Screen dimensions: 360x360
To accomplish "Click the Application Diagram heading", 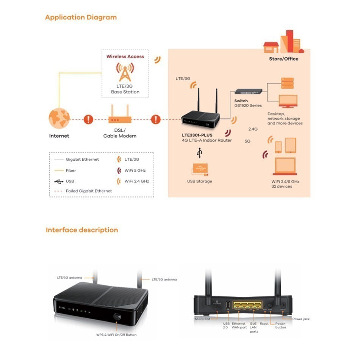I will (81, 17).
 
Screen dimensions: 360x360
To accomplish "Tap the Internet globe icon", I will (59, 119).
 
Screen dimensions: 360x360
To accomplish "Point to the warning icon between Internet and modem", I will (88, 119).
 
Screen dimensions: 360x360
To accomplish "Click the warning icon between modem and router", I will (156, 119).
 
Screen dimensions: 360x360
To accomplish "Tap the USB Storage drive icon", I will (200, 169).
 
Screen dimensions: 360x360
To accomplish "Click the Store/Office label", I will (283, 59).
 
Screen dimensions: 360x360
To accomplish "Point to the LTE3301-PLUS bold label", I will (197, 135).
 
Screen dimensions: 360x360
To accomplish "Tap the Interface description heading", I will (82, 230).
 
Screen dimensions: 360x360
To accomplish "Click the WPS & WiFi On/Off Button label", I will (116, 335).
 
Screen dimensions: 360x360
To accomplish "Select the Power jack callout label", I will (301, 319).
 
